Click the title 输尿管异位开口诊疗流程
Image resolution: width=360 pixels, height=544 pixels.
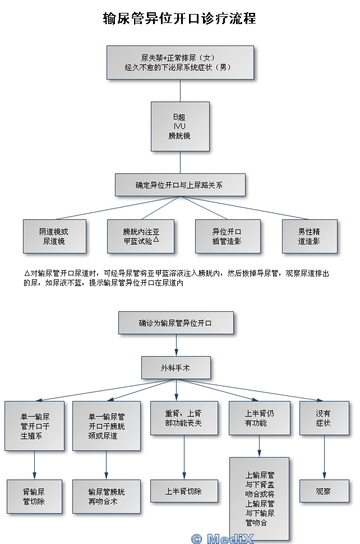[179, 19]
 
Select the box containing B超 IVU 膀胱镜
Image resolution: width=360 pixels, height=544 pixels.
[180, 126]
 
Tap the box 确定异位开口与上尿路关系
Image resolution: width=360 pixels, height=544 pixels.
[180, 185]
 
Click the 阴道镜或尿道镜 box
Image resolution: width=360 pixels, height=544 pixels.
[54, 236]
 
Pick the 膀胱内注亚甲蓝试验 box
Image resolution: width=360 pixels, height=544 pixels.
[140, 236]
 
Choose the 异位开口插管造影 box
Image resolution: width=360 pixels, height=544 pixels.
[228, 236]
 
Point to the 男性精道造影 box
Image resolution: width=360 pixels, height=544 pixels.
[310, 236]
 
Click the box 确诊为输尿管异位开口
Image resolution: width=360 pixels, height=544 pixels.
[176, 322]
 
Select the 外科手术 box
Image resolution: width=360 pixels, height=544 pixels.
[176, 368]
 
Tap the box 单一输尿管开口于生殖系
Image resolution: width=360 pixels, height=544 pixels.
[34, 426]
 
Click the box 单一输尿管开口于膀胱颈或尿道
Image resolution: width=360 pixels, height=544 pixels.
[107, 426]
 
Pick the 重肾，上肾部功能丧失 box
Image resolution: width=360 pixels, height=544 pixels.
[184, 418]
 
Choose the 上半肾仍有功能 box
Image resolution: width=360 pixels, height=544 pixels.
[260, 418]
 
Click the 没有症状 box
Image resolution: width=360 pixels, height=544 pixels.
[324, 418]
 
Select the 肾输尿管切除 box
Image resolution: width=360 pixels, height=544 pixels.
[34, 496]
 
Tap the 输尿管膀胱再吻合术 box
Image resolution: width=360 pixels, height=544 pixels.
[107, 496]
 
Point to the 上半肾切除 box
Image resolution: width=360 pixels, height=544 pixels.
[184, 491]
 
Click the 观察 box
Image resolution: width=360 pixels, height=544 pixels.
[324, 491]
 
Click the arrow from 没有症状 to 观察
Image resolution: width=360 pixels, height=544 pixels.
[324, 457]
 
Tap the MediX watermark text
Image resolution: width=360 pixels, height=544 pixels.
[222, 538]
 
